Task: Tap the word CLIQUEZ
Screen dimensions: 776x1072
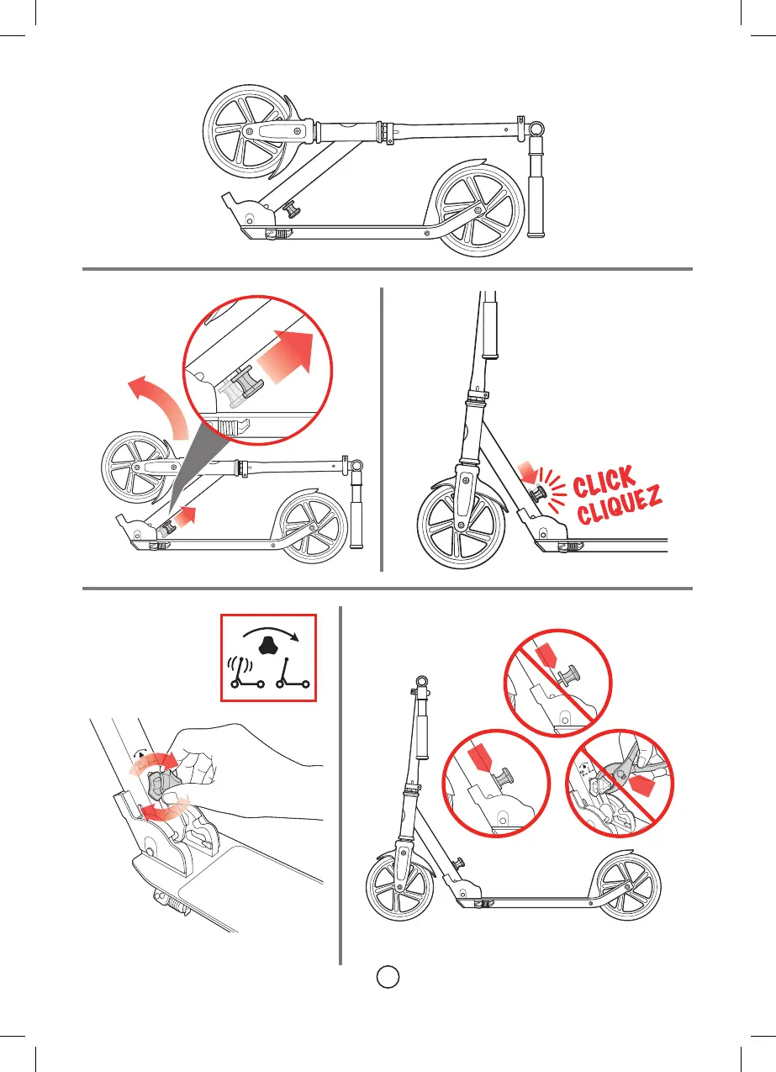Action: coord(618,510)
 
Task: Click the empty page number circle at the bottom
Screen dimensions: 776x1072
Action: coord(387,977)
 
